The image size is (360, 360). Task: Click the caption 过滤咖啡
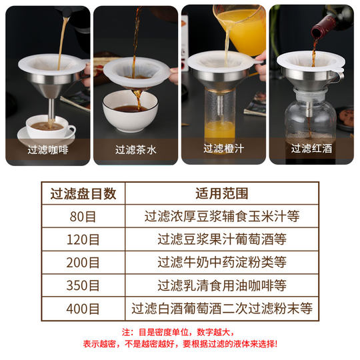[48, 149]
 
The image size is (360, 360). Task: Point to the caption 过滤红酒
[311, 149]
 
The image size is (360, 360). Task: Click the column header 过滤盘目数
[83, 193]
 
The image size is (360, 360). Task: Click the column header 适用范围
[222, 193]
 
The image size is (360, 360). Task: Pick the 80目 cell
[83, 216]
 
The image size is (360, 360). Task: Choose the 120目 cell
[83, 239]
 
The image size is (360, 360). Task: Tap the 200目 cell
[83, 262]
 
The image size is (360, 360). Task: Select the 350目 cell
[83, 285]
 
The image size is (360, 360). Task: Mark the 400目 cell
[83, 309]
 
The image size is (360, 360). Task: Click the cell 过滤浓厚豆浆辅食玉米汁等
[222, 216]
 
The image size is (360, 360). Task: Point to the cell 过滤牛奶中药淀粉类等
[222, 262]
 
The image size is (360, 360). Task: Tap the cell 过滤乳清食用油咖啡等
[222, 285]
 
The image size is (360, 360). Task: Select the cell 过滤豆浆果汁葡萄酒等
[222, 239]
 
